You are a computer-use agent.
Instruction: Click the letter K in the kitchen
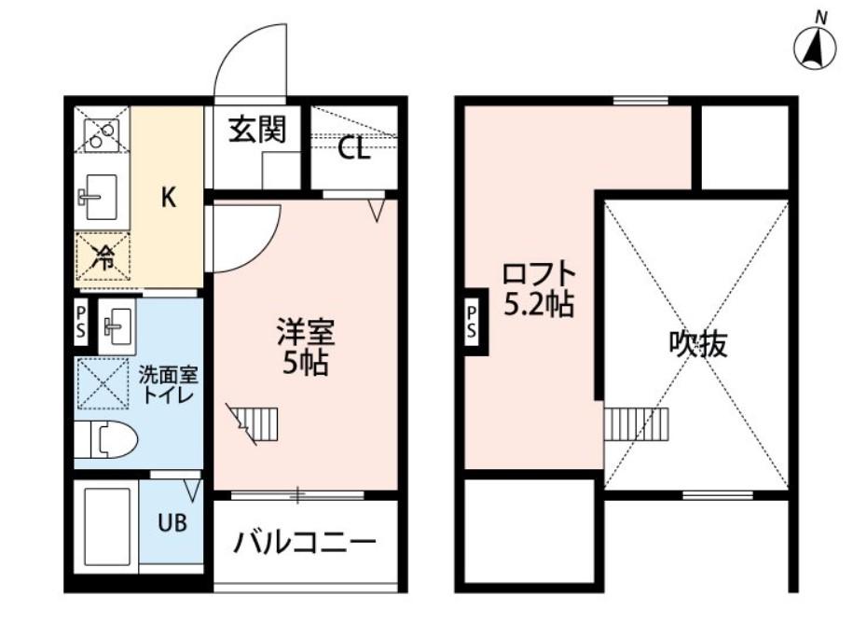169,197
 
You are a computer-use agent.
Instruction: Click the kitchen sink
96,196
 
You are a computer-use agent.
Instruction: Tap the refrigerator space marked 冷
103,256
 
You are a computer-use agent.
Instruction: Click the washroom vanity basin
117,324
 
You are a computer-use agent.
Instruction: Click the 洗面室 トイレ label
168,385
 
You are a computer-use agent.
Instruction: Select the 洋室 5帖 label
305,347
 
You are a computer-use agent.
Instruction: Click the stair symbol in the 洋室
249,422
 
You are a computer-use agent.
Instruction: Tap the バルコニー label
305,541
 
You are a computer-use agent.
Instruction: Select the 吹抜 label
698,345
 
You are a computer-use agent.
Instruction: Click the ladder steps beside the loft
637,423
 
